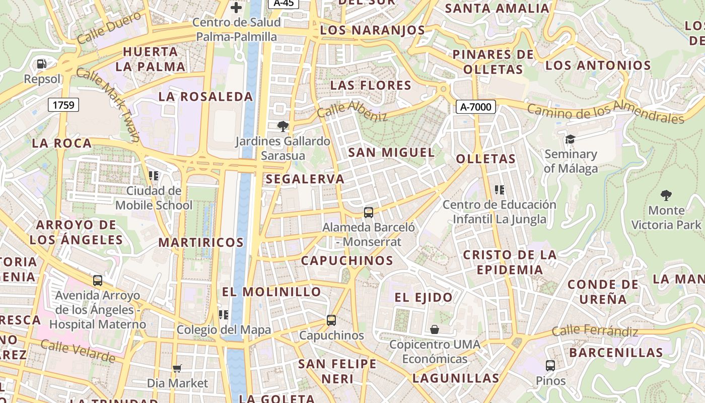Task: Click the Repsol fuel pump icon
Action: (x=42, y=64)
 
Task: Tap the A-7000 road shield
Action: (x=476, y=106)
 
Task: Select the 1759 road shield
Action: (x=63, y=105)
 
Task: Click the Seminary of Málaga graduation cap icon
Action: (x=570, y=139)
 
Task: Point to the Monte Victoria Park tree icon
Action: (x=666, y=195)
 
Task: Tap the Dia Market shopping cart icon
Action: (x=177, y=369)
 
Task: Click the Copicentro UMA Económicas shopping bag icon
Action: (x=435, y=329)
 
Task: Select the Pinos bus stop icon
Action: (x=550, y=366)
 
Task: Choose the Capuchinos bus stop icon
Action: (x=331, y=320)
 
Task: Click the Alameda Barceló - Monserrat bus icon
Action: (x=369, y=213)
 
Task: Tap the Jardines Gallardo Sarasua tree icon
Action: (x=283, y=126)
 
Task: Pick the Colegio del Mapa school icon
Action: (x=224, y=315)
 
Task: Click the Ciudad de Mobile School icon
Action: (x=154, y=176)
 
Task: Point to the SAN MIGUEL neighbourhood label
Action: (x=391, y=152)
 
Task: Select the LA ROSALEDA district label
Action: (x=205, y=97)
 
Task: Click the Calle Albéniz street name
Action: (x=352, y=111)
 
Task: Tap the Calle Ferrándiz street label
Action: (x=595, y=331)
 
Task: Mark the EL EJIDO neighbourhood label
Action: (x=424, y=297)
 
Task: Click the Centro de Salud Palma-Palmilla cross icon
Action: (x=236, y=8)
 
